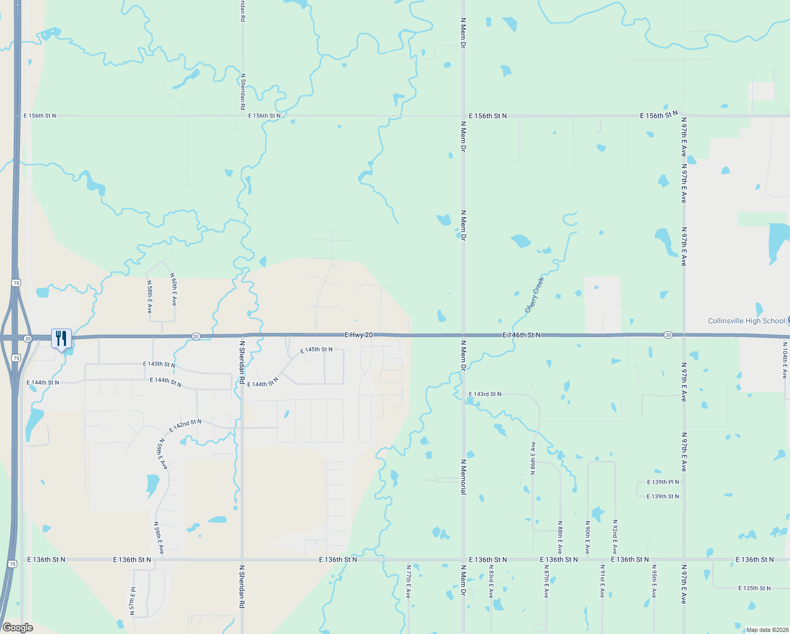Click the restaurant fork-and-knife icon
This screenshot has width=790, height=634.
(61, 338)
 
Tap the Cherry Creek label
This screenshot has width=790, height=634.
(534, 295)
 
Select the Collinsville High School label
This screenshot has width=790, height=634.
(746, 321)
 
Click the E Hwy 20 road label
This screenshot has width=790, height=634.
(359, 335)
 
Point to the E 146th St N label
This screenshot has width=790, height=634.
(521, 335)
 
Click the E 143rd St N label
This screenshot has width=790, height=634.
(485, 394)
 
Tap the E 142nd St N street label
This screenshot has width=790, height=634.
(185, 425)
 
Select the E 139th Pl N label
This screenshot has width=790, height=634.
(663, 482)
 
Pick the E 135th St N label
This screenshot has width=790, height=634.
(754, 588)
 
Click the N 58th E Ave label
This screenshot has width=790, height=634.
(149, 297)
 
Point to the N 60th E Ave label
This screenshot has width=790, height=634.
(174, 290)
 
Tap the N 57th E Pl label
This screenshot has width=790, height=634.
(133, 601)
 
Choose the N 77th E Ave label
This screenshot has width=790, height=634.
(408, 581)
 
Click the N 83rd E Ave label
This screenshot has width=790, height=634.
(491, 581)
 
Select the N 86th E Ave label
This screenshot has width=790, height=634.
(533, 458)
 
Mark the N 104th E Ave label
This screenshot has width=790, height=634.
(784, 360)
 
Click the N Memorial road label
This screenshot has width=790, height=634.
(463, 477)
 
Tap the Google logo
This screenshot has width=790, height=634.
(17, 628)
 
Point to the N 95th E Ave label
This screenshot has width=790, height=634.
(654, 581)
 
